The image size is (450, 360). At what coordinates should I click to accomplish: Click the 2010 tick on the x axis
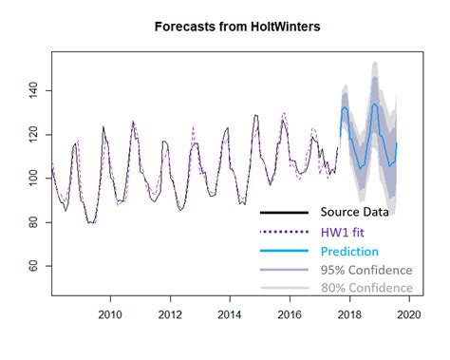point(110,314)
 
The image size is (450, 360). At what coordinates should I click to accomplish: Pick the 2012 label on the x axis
point(170,314)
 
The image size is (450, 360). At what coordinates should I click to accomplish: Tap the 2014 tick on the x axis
point(230,314)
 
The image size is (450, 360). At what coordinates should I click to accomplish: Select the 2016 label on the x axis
point(290,314)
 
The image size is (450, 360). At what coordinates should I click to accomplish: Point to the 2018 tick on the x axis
point(349,314)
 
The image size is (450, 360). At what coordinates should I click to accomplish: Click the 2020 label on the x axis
point(409,314)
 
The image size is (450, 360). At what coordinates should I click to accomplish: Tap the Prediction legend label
point(349,251)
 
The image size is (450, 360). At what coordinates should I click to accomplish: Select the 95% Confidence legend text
point(366,270)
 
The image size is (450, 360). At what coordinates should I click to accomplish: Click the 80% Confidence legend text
point(366,288)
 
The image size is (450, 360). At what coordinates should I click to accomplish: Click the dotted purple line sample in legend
point(284,232)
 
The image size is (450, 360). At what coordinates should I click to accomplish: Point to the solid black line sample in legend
point(284,212)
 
